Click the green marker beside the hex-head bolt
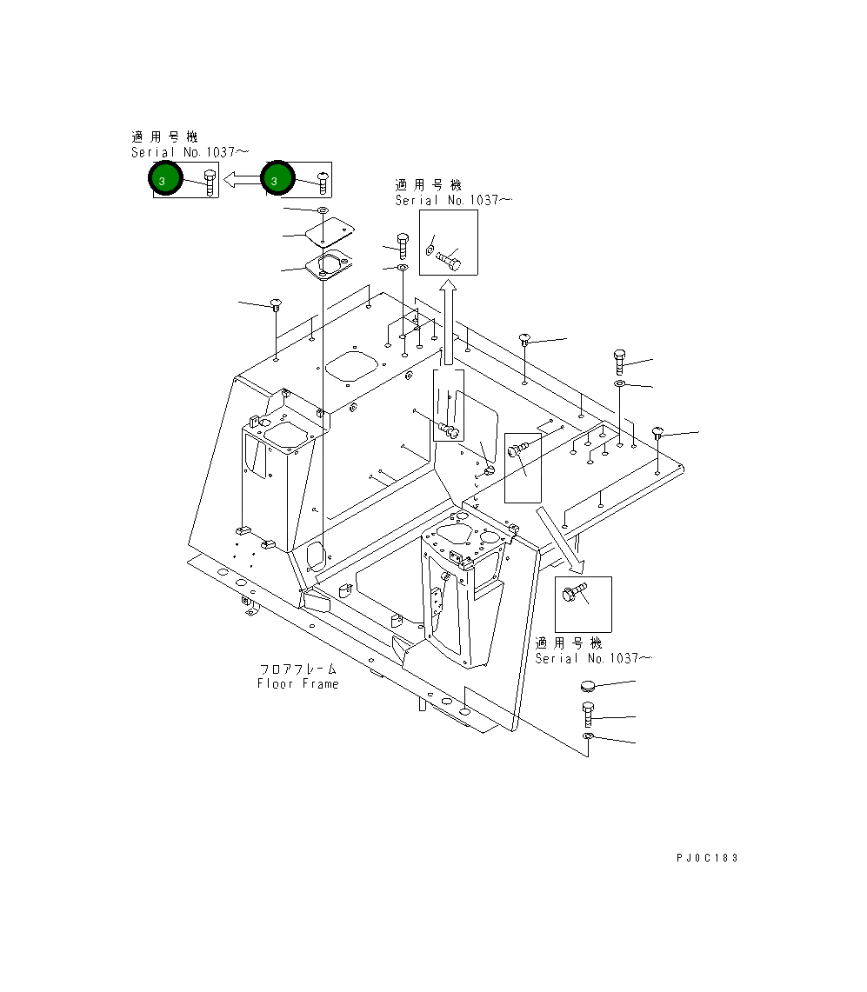click(165, 178)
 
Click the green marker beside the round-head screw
click(277, 178)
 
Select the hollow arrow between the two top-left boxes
click(243, 180)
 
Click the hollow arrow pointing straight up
click(448, 323)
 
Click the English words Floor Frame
click(298, 684)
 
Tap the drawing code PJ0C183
click(707, 858)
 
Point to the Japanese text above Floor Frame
click(298, 669)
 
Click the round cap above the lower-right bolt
click(588, 686)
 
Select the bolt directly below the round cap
click(588, 715)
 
